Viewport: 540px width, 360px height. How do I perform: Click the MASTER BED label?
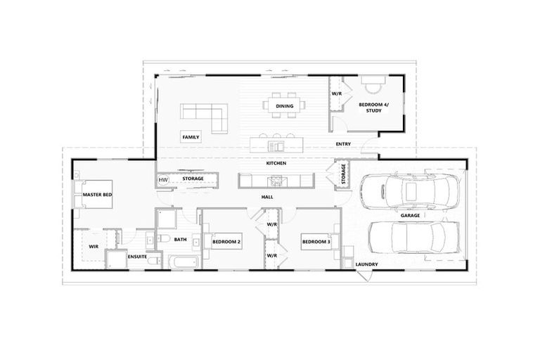pyautogui.click(x=98, y=194)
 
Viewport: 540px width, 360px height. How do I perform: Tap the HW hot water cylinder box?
pyautogui.click(x=163, y=180)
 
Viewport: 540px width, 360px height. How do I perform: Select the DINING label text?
pyautogui.click(x=285, y=106)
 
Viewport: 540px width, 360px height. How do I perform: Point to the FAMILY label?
pyautogui.click(x=191, y=137)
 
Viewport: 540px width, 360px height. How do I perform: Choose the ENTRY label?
pyautogui.click(x=343, y=144)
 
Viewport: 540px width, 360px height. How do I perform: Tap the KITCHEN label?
pyautogui.click(x=276, y=163)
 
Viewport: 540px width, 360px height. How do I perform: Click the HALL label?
pyautogui.click(x=267, y=198)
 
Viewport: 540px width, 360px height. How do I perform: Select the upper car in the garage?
pyautogui.click(x=409, y=189)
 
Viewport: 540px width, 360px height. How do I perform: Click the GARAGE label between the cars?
pyautogui.click(x=411, y=215)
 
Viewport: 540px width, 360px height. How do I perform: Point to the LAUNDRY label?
pyautogui.click(x=366, y=264)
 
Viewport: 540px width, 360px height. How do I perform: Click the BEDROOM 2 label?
pyautogui.click(x=227, y=242)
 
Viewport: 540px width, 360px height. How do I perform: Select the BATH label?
pyautogui.click(x=181, y=240)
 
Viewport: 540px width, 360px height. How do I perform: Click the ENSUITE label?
pyautogui.click(x=136, y=258)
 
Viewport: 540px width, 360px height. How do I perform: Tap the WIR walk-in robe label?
pyautogui.click(x=93, y=246)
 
